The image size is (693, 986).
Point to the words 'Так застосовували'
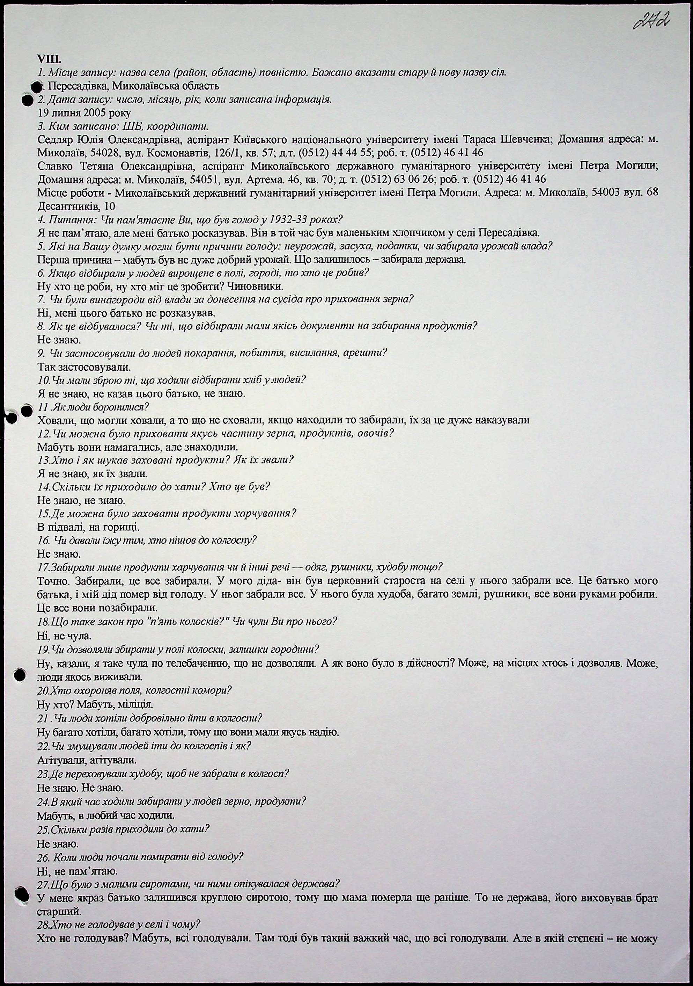(84, 367)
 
